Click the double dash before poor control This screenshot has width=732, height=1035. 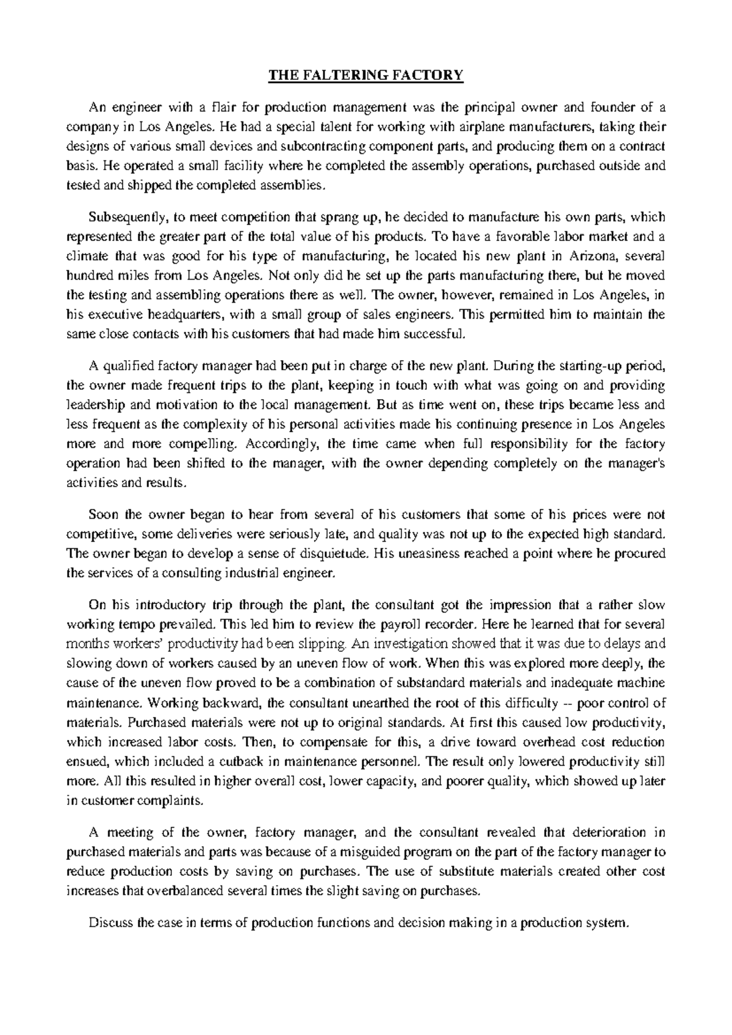[x=565, y=702]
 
